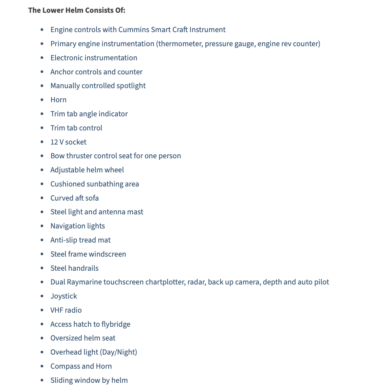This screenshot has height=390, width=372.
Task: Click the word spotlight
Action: click(x=131, y=86)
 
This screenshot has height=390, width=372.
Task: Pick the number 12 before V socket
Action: click(x=54, y=142)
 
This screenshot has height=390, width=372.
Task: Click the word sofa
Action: click(x=92, y=198)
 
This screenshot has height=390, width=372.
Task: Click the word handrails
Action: click(x=83, y=268)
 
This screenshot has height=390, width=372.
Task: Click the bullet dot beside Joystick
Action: click(x=42, y=296)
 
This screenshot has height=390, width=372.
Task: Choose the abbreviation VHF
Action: click(x=57, y=310)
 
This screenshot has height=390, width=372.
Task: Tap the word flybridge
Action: click(x=116, y=324)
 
